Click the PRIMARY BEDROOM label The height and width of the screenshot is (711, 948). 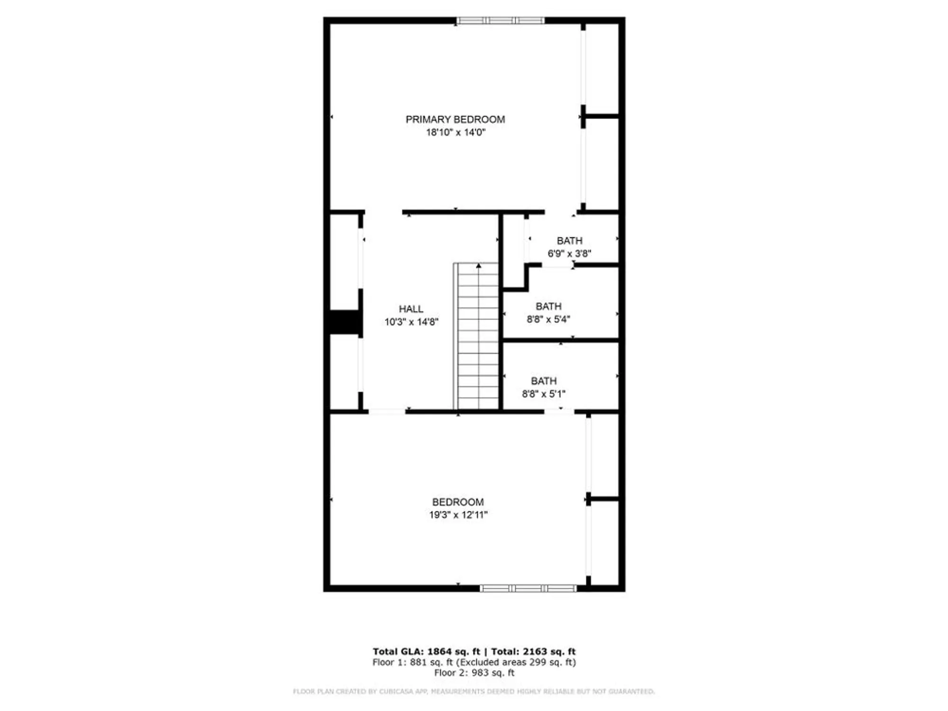pyautogui.click(x=455, y=119)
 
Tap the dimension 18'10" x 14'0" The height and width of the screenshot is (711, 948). pyautogui.click(x=456, y=132)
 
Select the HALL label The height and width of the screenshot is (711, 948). pyautogui.click(x=411, y=309)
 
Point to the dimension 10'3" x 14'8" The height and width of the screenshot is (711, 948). pyautogui.click(x=411, y=322)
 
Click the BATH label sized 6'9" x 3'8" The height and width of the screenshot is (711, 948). pyautogui.click(x=569, y=241)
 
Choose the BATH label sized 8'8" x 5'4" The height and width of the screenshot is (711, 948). pyautogui.click(x=548, y=307)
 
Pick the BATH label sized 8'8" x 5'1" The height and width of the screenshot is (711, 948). pyautogui.click(x=544, y=381)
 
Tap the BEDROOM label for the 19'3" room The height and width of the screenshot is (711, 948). pyautogui.click(x=458, y=502)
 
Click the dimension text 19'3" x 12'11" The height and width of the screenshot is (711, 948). pyautogui.click(x=458, y=515)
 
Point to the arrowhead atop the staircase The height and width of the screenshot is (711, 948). pyautogui.click(x=479, y=266)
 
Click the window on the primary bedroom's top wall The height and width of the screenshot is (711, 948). pyautogui.click(x=500, y=20)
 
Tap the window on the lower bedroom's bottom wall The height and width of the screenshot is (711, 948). pyautogui.click(x=528, y=588)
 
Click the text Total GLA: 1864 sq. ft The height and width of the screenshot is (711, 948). pyautogui.click(x=426, y=652)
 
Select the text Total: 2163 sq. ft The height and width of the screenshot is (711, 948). pyautogui.click(x=533, y=652)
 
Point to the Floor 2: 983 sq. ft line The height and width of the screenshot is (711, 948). pyautogui.click(x=474, y=673)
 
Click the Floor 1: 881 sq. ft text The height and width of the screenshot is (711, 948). pyautogui.click(x=412, y=662)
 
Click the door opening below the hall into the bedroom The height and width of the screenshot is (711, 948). pyautogui.click(x=387, y=411)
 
